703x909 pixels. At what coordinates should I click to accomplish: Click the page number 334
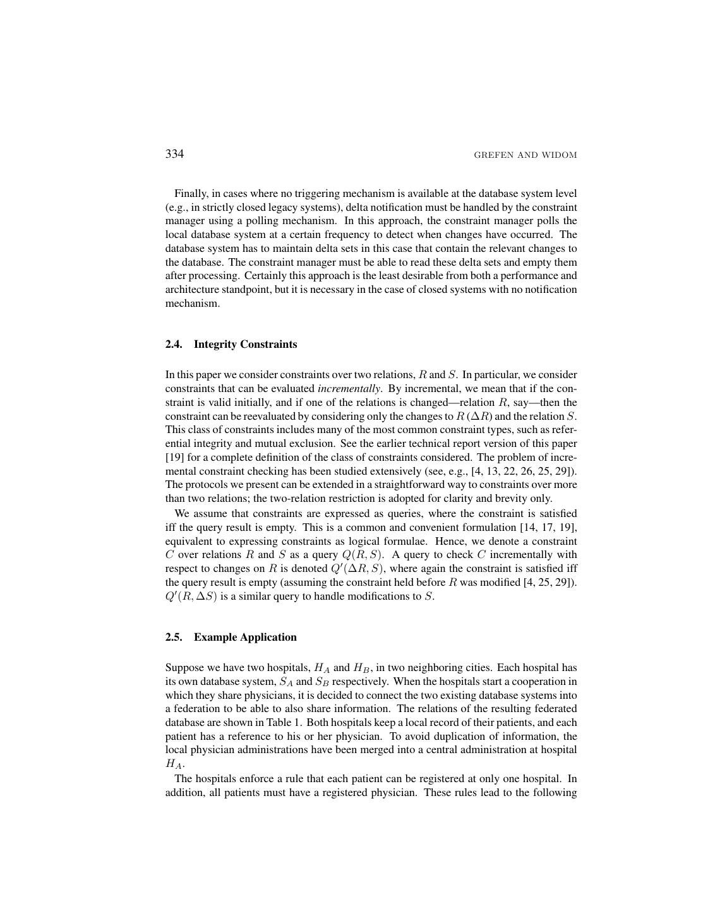tap(174, 154)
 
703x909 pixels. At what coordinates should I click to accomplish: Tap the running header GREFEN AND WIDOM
tap(525, 155)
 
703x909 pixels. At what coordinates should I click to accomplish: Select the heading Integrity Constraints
tap(245, 344)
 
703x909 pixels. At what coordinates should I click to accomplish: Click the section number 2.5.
tap(174, 637)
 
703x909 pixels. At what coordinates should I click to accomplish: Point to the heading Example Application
tap(245, 637)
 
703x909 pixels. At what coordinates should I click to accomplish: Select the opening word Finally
tap(191, 194)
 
